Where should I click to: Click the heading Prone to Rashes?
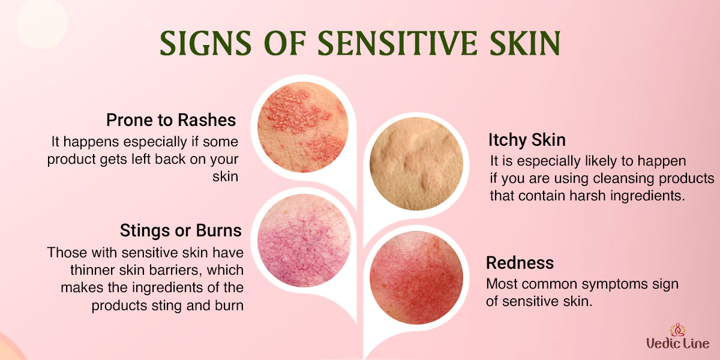click(171, 120)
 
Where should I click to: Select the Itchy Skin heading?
click(527, 140)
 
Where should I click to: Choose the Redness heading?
click(520, 263)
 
